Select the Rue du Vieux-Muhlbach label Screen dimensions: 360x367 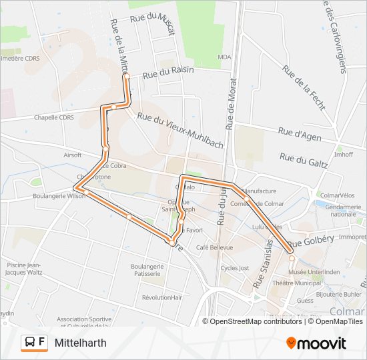pos(179,125)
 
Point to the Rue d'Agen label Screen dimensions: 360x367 pos(300,135)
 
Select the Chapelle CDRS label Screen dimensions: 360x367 pos(53,117)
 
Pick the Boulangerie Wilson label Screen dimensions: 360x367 pos(59,197)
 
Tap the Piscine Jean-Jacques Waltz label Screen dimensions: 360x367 pos(26,268)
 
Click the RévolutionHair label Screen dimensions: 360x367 pos(162,297)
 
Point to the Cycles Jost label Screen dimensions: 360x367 pos(234,268)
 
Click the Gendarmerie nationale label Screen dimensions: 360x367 pos(343,211)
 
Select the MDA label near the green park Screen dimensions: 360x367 pos(224,57)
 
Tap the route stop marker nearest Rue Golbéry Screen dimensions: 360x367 pos(291,257)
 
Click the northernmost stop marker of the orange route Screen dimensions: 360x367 pos(125,78)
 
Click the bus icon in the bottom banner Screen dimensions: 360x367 pos(30,343)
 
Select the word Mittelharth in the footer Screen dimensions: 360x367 pos(80,343)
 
